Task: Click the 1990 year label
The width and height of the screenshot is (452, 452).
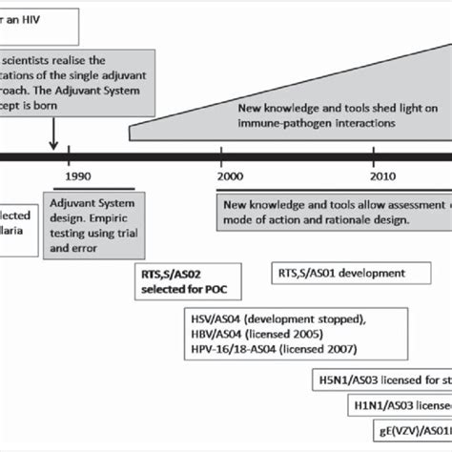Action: [70, 176]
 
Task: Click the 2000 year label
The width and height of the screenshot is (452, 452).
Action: [230, 176]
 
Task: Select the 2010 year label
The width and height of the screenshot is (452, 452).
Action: [382, 176]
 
